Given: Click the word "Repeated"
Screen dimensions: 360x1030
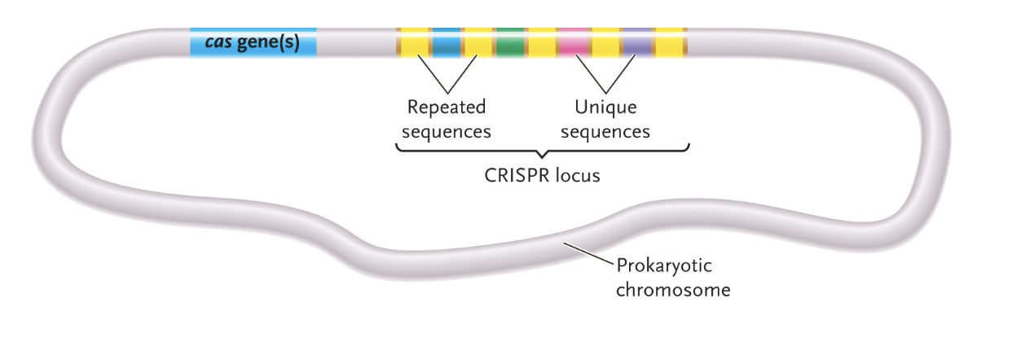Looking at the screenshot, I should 446,108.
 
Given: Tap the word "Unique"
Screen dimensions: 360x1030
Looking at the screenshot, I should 605,108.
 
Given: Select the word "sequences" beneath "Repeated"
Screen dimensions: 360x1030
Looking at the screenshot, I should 449,131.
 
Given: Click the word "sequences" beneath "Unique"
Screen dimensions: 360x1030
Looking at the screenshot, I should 608,131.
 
